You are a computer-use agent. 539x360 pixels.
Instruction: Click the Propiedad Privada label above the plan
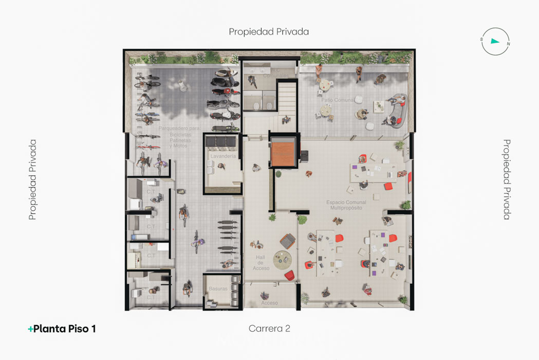[x=269, y=32]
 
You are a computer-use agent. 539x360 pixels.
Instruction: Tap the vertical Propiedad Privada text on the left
[x=33, y=179]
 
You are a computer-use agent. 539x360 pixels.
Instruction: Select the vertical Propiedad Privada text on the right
[x=507, y=179]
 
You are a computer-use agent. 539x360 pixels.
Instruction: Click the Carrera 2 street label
[x=269, y=329]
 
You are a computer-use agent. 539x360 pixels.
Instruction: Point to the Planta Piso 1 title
[x=65, y=329]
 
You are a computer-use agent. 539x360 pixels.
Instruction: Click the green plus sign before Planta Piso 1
[x=30, y=329]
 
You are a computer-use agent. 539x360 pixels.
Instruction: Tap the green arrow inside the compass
[x=495, y=41]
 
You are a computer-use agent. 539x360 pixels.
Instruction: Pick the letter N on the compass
[x=508, y=44]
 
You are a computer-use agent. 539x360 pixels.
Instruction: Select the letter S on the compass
[x=481, y=39]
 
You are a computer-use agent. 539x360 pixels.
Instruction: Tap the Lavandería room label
[x=223, y=156]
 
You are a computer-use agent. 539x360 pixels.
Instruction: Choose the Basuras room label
[x=218, y=289]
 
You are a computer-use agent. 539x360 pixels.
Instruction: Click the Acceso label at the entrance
[x=269, y=303]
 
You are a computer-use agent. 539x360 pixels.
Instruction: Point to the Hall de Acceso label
[x=261, y=263]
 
